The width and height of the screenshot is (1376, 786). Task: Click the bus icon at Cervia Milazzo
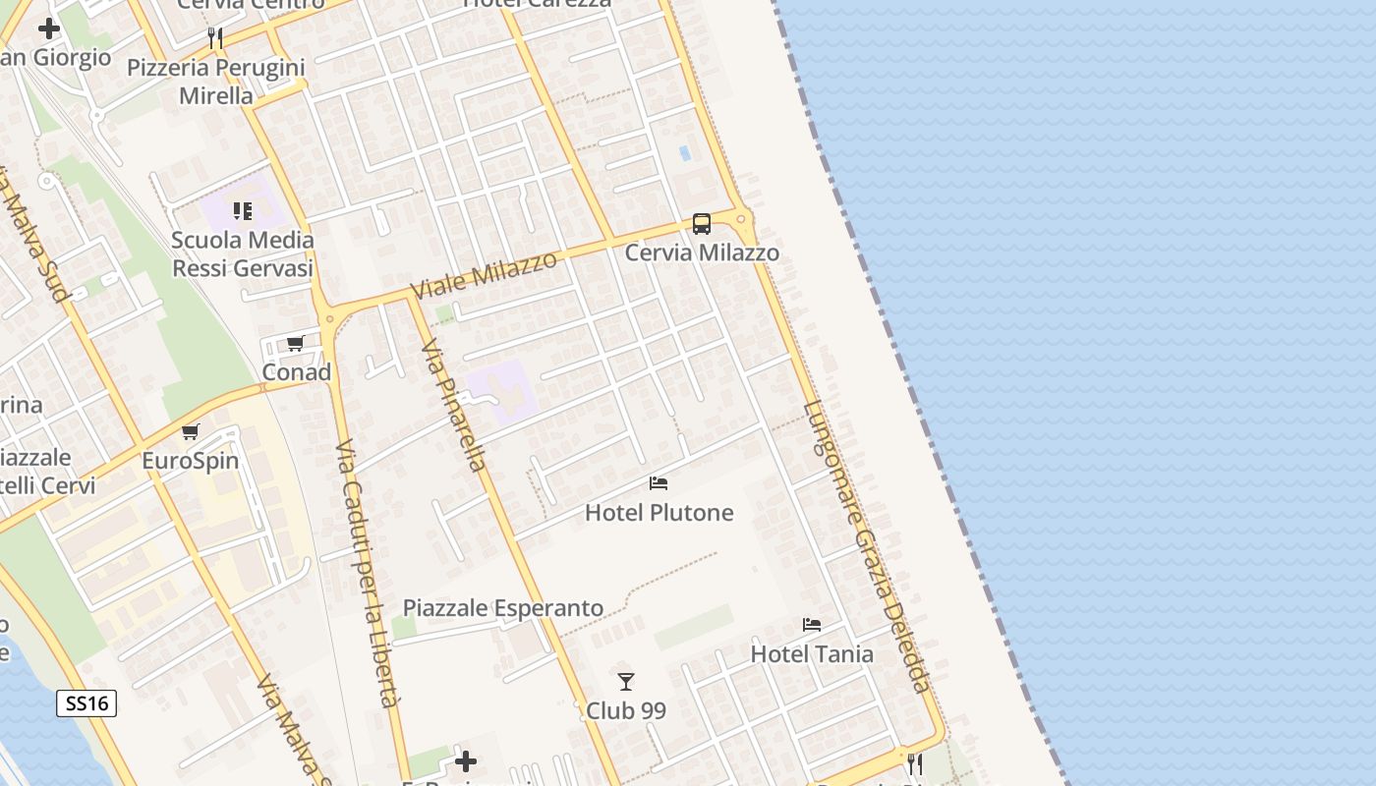pyautogui.click(x=701, y=224)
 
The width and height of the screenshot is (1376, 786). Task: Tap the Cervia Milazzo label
pyautogui.click(x=702, y=253)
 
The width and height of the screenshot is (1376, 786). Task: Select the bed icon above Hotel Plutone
pyautogui.click(x=659, y=483)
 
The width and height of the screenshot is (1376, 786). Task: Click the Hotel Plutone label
pyautogui.click(x=659, y=512)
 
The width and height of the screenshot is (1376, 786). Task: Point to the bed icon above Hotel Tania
pyautogui.click(x=812, y=625)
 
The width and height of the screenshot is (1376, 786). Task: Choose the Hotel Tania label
pyautogui.click(x=812, y=653)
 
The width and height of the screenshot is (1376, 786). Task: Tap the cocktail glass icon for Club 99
pyautogui.click(x=626, y=681)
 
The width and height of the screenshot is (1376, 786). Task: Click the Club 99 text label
pyautogui.click(x=626, y=709)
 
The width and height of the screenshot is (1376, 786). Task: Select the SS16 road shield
pyautogui.click(x=86, y=703)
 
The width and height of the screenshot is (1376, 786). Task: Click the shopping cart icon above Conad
pyautogui.click(x=296, y=344)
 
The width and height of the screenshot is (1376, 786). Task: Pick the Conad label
pyautogui.click(x=296, y=372)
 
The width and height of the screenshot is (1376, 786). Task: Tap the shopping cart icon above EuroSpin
pyautogui.click(x=191, y=432)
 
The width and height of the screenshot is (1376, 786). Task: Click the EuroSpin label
pyautogui.click(x=191, y=461)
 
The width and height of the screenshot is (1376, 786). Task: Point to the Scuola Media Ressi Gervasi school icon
pyautogui.click(x=243, y=211)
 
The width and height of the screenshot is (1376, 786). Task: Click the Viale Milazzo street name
pyautogui.click(x=485, y=275)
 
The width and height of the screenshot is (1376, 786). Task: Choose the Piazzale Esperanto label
pyautogui.click(x=503, y=608)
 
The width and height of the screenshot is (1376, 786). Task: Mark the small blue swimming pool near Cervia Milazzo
pyautogui.click(x=684, y=154)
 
